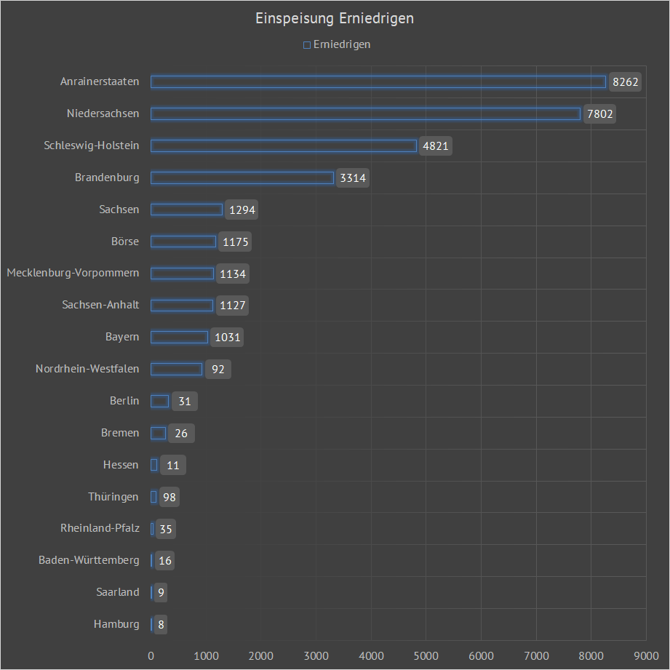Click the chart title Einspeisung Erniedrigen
(335, 19)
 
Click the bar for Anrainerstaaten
(378, 82)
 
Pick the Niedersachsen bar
(365, 113)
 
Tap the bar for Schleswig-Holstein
(284, 145)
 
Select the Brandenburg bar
(242, 178)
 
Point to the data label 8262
(626, 82)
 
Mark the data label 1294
(242, 210)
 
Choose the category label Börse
(125, 242)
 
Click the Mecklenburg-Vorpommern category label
(73, 274)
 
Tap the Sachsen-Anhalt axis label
(100, 305)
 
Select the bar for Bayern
(179, 337)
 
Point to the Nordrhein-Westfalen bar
(176, 369)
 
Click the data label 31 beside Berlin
(184, 401)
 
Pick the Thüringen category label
(113, 497)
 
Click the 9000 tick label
(646, 656)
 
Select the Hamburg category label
(116, 624)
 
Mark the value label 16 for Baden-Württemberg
(165, 560)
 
